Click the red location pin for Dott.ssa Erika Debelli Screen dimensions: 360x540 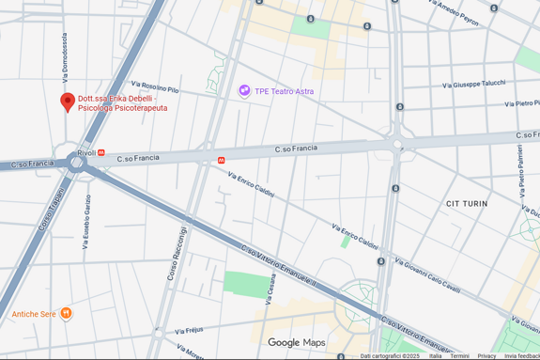[67, 102]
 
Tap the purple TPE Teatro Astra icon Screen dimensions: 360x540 [244, 91]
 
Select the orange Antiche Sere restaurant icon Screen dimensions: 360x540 [66, 313]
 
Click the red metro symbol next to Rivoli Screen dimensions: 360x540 [101, 152]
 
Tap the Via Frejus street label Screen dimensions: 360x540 [188, 330]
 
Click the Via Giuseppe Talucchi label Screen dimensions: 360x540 [474, 83]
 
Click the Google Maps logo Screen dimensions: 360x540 [297, 343]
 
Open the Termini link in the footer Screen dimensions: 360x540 [459, 356]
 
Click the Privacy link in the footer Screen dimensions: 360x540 [486, 356]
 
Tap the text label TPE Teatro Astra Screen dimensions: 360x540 [285, 91]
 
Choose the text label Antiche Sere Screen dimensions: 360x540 [34, 313]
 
